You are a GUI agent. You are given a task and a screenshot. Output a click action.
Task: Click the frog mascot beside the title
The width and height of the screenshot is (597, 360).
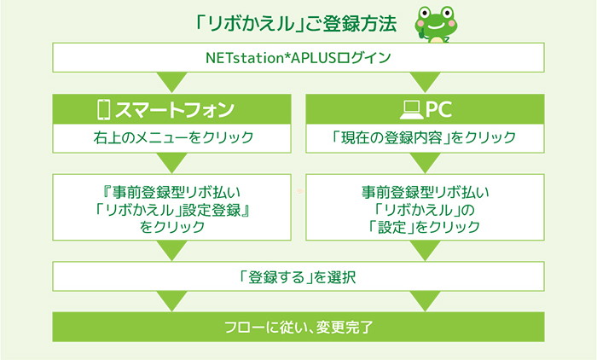[x=437, y=25]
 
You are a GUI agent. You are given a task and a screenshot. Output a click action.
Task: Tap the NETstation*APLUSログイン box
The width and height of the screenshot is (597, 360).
[x=298, y=57]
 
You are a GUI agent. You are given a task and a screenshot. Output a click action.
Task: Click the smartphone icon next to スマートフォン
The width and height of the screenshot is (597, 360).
[x=103, y=110]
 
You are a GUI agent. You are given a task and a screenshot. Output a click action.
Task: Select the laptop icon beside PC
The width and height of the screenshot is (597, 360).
[x=411, y=110]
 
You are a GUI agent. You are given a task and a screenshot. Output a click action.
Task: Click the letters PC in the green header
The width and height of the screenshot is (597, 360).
[x=438, y=110]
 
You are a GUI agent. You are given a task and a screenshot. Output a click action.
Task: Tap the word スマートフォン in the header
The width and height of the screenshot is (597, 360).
[x=174, y=110]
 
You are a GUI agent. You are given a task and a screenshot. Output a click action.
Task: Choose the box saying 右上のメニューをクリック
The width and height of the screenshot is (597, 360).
[x=171, y=138]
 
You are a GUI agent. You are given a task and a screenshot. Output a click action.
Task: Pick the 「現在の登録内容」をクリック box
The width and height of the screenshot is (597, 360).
[x=425, y=138]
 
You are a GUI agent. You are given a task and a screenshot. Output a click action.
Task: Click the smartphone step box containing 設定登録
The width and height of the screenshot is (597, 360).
[x=171, y=207]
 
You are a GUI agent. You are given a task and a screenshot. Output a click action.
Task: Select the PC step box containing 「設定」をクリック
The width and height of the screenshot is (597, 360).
[x=425, y=207]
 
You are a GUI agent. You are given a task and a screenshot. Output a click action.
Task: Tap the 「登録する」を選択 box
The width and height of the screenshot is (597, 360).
[x=298, y=276]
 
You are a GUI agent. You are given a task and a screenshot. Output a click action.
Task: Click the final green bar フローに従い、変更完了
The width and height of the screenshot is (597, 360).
[x=298, y=327]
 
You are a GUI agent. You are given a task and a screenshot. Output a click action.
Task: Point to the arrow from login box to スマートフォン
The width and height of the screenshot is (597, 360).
[x=171, y=81]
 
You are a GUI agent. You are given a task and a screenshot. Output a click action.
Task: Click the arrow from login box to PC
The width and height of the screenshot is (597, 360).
[x=425, y=81]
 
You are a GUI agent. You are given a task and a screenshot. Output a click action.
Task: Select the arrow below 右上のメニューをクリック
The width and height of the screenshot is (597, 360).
[x=171, y=162]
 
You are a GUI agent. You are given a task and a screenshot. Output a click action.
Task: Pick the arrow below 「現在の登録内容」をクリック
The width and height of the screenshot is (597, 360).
[x=425, y=162]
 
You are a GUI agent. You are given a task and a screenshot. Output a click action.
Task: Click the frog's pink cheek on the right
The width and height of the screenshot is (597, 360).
[x=452, y=24]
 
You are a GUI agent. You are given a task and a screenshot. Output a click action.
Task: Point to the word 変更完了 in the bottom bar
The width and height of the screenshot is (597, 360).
[x=344, y=328]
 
